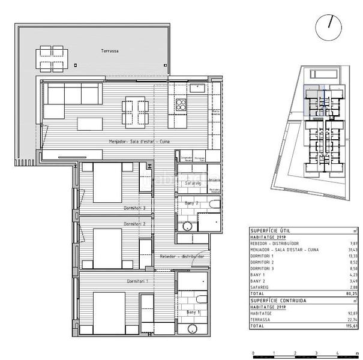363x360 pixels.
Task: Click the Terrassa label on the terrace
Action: tap(110, 52)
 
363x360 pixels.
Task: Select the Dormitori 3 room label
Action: tap(135, 208)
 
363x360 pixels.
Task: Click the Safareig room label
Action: tap(193, 182)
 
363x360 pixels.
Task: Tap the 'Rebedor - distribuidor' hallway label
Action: tap(182, 256)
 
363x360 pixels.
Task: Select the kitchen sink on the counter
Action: tap(197, 88)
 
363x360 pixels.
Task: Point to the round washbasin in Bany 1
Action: tap(191, 329)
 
